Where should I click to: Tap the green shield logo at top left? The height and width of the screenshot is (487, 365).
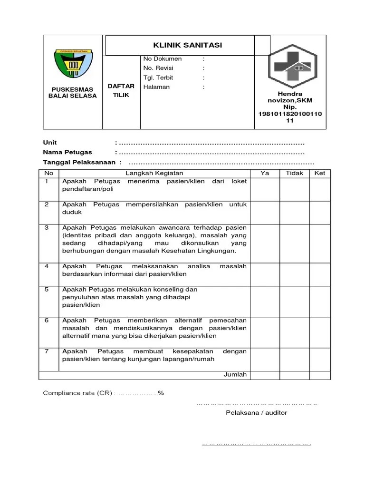pyautogui.click(x=73, y=64)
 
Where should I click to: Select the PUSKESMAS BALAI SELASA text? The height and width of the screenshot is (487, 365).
pyautogui.click(x=73, y=92)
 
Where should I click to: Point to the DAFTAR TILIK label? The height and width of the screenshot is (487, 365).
pyautogui.click(x=121, y=90)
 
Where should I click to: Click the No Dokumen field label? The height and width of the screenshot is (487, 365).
pyautogui.click(x=163, y=59)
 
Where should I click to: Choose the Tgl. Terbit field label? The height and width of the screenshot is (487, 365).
pyautogui.click(x=158, y=78)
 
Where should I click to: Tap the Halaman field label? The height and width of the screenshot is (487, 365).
pyautogui.click(x=156, y=87)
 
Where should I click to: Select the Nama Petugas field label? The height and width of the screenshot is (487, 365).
pyautogui.click(x=67, y=152)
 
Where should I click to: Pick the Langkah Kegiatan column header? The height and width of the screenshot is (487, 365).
pyautogui.click(x=154, y=173)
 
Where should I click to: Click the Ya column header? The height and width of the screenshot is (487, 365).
pyautogui.click(x=265, y=173)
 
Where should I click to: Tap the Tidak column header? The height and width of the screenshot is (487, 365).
pyautogui.click(x=294, y=173)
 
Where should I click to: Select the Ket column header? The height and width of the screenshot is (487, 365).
pyautogui.click(x=319, y=173)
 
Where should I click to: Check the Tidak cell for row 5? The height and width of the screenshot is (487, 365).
pyautogui.click(x=294, y=297)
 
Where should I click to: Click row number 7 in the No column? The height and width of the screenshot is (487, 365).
pyautogui.click(x=47, y=351)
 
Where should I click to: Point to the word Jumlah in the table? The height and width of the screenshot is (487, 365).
pyautogui.click(x=235, y=375)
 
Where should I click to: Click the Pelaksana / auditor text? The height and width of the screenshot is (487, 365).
pyautogui.click(x=256, y=413)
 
